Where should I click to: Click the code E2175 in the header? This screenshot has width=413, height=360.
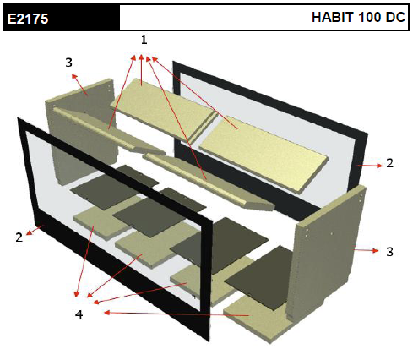(x=28, y=19)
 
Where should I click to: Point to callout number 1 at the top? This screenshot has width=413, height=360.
(x=144, y=40)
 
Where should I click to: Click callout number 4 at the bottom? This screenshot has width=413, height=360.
(x=79, y=314)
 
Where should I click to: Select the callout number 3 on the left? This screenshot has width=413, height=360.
(x=69, y=63)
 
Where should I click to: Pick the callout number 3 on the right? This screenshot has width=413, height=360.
(x=389, y=252)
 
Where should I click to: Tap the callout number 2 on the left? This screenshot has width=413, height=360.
(x=19, y=237)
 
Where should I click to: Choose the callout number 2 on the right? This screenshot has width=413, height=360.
(x=389, y=163)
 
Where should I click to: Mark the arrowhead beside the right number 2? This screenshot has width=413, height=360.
(x=379, y=166)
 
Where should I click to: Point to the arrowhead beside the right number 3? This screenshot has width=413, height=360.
(x=376, y=250)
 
